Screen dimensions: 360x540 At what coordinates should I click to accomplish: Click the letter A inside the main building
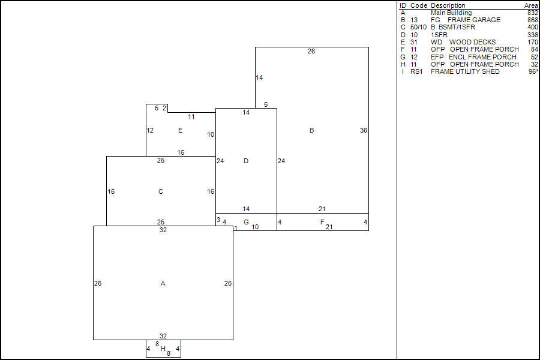pyautogui.click(x=163, y=283)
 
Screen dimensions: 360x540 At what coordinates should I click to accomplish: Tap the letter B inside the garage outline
pyautogui.click(x=311, y=130)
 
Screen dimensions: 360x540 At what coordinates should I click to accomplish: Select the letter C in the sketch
pyautogui.click(x=160, y=192)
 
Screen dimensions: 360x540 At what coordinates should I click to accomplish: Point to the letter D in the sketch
pyautogui.click(x=246, y=161)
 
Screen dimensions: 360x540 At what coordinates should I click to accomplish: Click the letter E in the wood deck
pyautogui.click(x=180, y=130)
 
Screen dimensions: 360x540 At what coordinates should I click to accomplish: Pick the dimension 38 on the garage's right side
pyautogui.click(x=364, y=130)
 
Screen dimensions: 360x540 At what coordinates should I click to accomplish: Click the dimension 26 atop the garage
pyautogui.click(x=311, y=52)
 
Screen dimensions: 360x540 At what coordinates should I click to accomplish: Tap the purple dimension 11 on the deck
pyautogui.click(x=191, y=116)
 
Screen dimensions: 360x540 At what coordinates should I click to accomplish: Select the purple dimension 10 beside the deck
pyautogui.click(x=211, y=134)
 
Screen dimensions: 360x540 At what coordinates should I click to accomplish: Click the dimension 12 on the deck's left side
pyautogui.click(x=150, y=130)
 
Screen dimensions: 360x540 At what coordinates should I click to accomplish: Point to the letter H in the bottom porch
pyautogui.click(x=163, y=349)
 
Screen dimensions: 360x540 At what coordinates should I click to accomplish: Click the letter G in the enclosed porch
pyautogui.click(x=246, y=222)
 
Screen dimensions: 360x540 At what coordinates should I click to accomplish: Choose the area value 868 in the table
pyautogui.click(x=532, y=20)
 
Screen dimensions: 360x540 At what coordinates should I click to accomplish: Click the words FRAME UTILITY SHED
pyautogui.click(x=465, y=71)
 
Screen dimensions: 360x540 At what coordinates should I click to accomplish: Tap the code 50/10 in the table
pyautogui.click(x=419, y=28)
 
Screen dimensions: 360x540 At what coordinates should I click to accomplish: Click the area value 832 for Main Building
pyautogui.click(x=532, y=13)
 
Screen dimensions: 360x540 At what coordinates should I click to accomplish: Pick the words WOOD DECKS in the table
pyautogui.click(x=472, y=42)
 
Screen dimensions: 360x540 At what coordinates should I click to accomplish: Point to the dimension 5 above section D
pyautogui.click(x=266, y=104)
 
